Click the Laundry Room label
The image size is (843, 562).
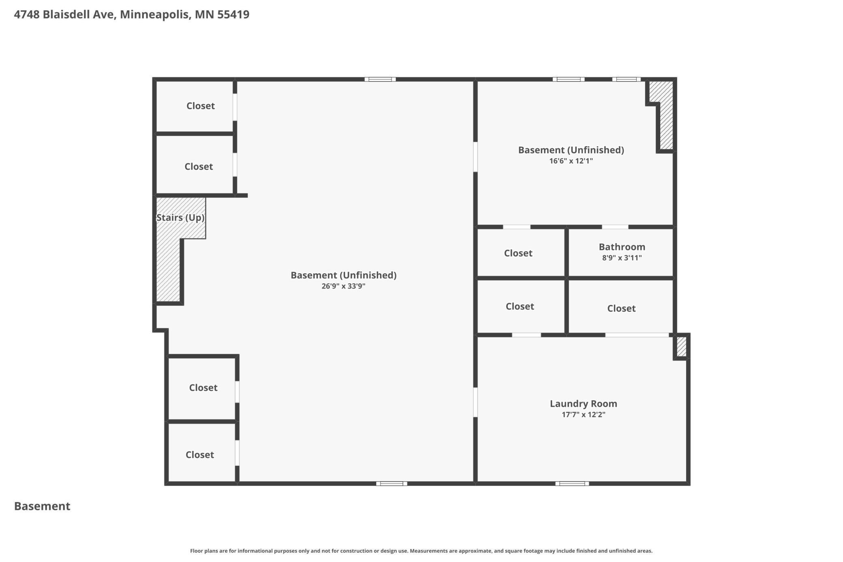583,403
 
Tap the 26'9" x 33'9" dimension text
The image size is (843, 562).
343,286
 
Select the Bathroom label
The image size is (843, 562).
622,247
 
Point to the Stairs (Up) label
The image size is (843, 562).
180,218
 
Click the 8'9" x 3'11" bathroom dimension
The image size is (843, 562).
622,258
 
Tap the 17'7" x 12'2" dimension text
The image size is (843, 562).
583,414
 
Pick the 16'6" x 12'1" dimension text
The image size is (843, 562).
571,161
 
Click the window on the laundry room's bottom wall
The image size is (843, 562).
572,483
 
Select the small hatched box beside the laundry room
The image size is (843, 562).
681,347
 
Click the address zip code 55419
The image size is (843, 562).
233,15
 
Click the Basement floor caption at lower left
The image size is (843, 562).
42,506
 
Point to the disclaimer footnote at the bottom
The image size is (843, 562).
421,551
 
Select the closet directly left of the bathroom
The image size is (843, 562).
518,253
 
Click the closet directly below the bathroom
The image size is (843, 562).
621,309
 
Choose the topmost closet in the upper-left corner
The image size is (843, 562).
200,106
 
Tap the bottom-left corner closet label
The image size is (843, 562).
199,455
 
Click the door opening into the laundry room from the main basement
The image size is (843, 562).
475,402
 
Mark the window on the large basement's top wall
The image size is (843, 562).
380,79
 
